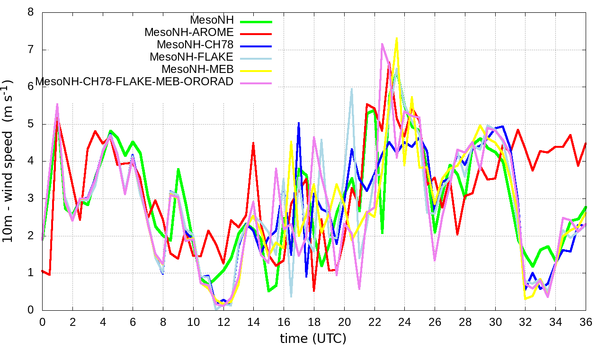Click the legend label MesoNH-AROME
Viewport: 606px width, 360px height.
pos(189,33)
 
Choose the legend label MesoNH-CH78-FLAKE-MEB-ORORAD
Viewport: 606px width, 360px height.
pos(134,82)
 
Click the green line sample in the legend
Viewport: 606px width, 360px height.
pos(256,21)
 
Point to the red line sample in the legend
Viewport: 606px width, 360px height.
pos(256,34)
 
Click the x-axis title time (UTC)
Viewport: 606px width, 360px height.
pos(313,339)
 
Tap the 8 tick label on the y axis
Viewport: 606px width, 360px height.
pos(31,12)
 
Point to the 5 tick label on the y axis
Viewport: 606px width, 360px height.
pos(31,124)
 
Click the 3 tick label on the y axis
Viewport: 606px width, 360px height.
pos(31,198)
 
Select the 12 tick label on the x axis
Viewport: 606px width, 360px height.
pos(223,322)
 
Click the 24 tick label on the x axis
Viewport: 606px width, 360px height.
pos(405,322)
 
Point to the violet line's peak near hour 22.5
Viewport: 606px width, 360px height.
pos(382,44)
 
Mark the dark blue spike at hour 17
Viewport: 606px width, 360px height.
pos(299,123)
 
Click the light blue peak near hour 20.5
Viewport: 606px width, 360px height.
pos(352,89)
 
